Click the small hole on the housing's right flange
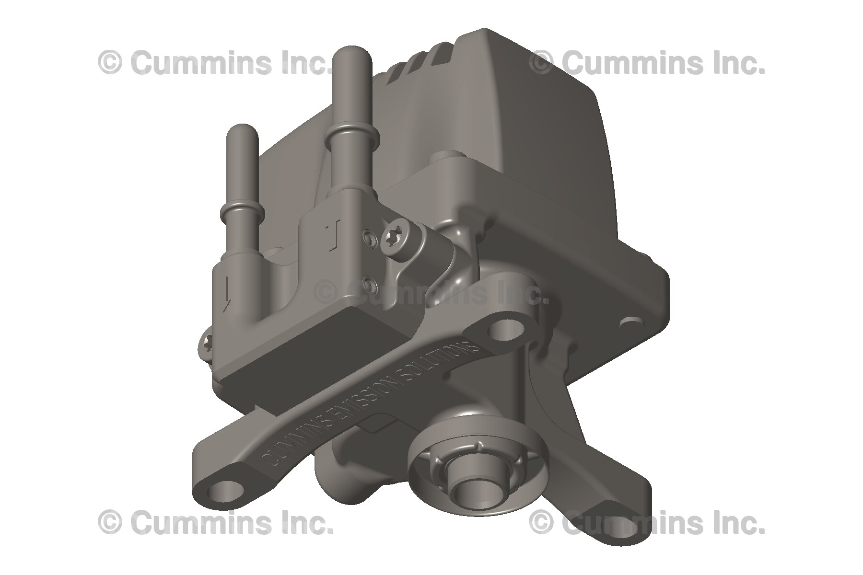point(633,320)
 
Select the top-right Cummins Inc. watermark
point(647,63)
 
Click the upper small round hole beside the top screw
point(368,235)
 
